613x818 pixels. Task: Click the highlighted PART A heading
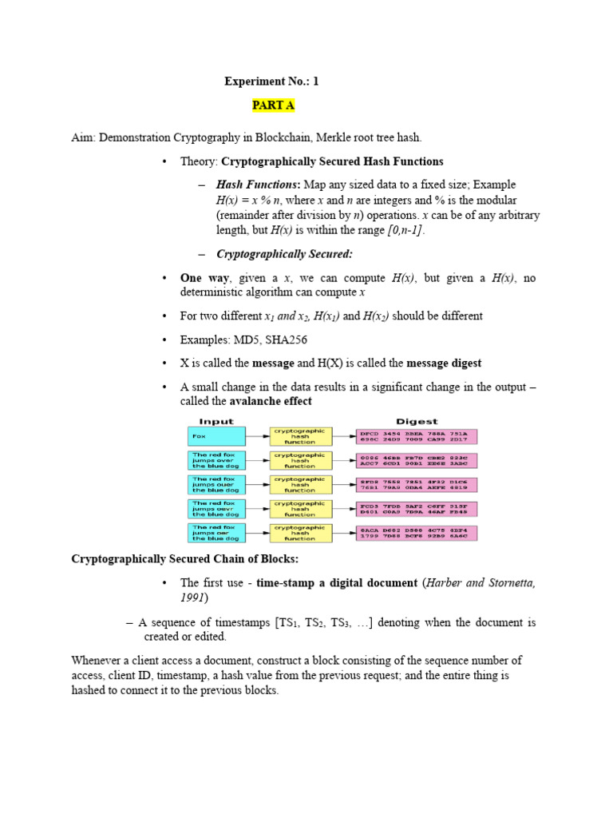click(x=273, y=105)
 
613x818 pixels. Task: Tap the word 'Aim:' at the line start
click(x=85, y=138)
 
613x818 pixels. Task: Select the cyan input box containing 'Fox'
click(x=216, y=436)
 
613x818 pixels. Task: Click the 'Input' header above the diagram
click(x=216, y=421)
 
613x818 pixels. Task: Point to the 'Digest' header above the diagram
click(x=416, y=421)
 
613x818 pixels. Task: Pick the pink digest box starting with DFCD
click(x=416, y=436)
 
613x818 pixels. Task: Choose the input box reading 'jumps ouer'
click(x=216, y=485)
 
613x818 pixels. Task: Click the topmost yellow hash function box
click(x=299, y=436)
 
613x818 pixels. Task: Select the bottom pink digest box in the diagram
click(x=416, y=533)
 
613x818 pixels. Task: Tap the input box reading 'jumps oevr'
click(x=216, y=509)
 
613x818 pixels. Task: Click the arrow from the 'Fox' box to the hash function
click(x=257, y=436)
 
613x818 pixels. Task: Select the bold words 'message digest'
click(x=444, y=363)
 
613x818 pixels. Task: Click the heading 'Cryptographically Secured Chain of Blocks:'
click(x=185, y=558)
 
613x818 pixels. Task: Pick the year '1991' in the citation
click(x=194, y=597)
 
